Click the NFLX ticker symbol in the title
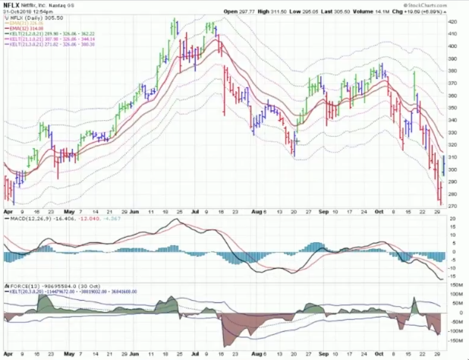tap(12, 5)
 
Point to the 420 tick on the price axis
tap(452, 22)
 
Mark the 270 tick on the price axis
tap(452, 206)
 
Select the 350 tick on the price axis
tap(452, 108)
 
